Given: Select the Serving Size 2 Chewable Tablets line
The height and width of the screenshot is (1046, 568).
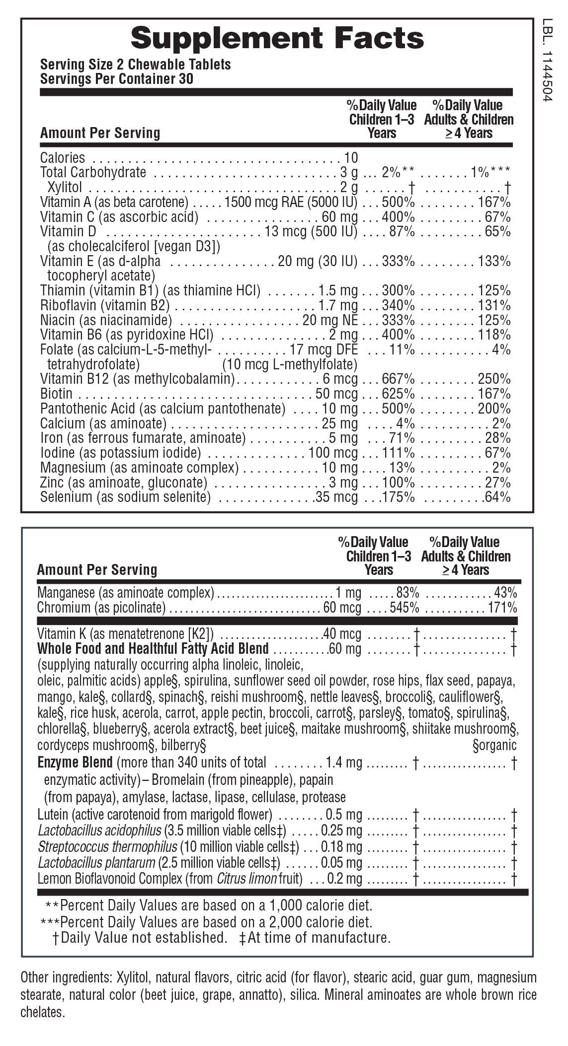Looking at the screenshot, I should tap(135, 65).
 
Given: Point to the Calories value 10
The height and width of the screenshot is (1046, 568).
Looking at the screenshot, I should tap(351, 158).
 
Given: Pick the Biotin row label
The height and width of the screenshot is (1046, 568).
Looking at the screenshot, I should tap(56, 394).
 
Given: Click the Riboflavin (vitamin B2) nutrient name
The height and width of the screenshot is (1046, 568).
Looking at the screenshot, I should tap(105, 306).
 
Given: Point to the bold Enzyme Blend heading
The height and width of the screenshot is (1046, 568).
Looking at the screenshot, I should tap(75, 762).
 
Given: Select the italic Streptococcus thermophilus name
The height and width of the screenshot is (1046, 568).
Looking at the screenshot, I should tap(107, 846).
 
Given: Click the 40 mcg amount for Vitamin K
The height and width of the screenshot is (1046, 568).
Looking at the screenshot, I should tap(342, 633).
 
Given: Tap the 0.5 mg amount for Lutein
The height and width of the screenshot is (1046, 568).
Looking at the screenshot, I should tap(343, 815).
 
